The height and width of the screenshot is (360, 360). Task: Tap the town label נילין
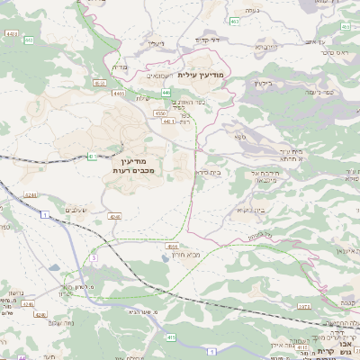tap(157, 42)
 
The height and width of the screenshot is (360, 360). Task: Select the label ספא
tap(240, 136)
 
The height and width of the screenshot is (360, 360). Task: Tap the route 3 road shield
tap(93, 258)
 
